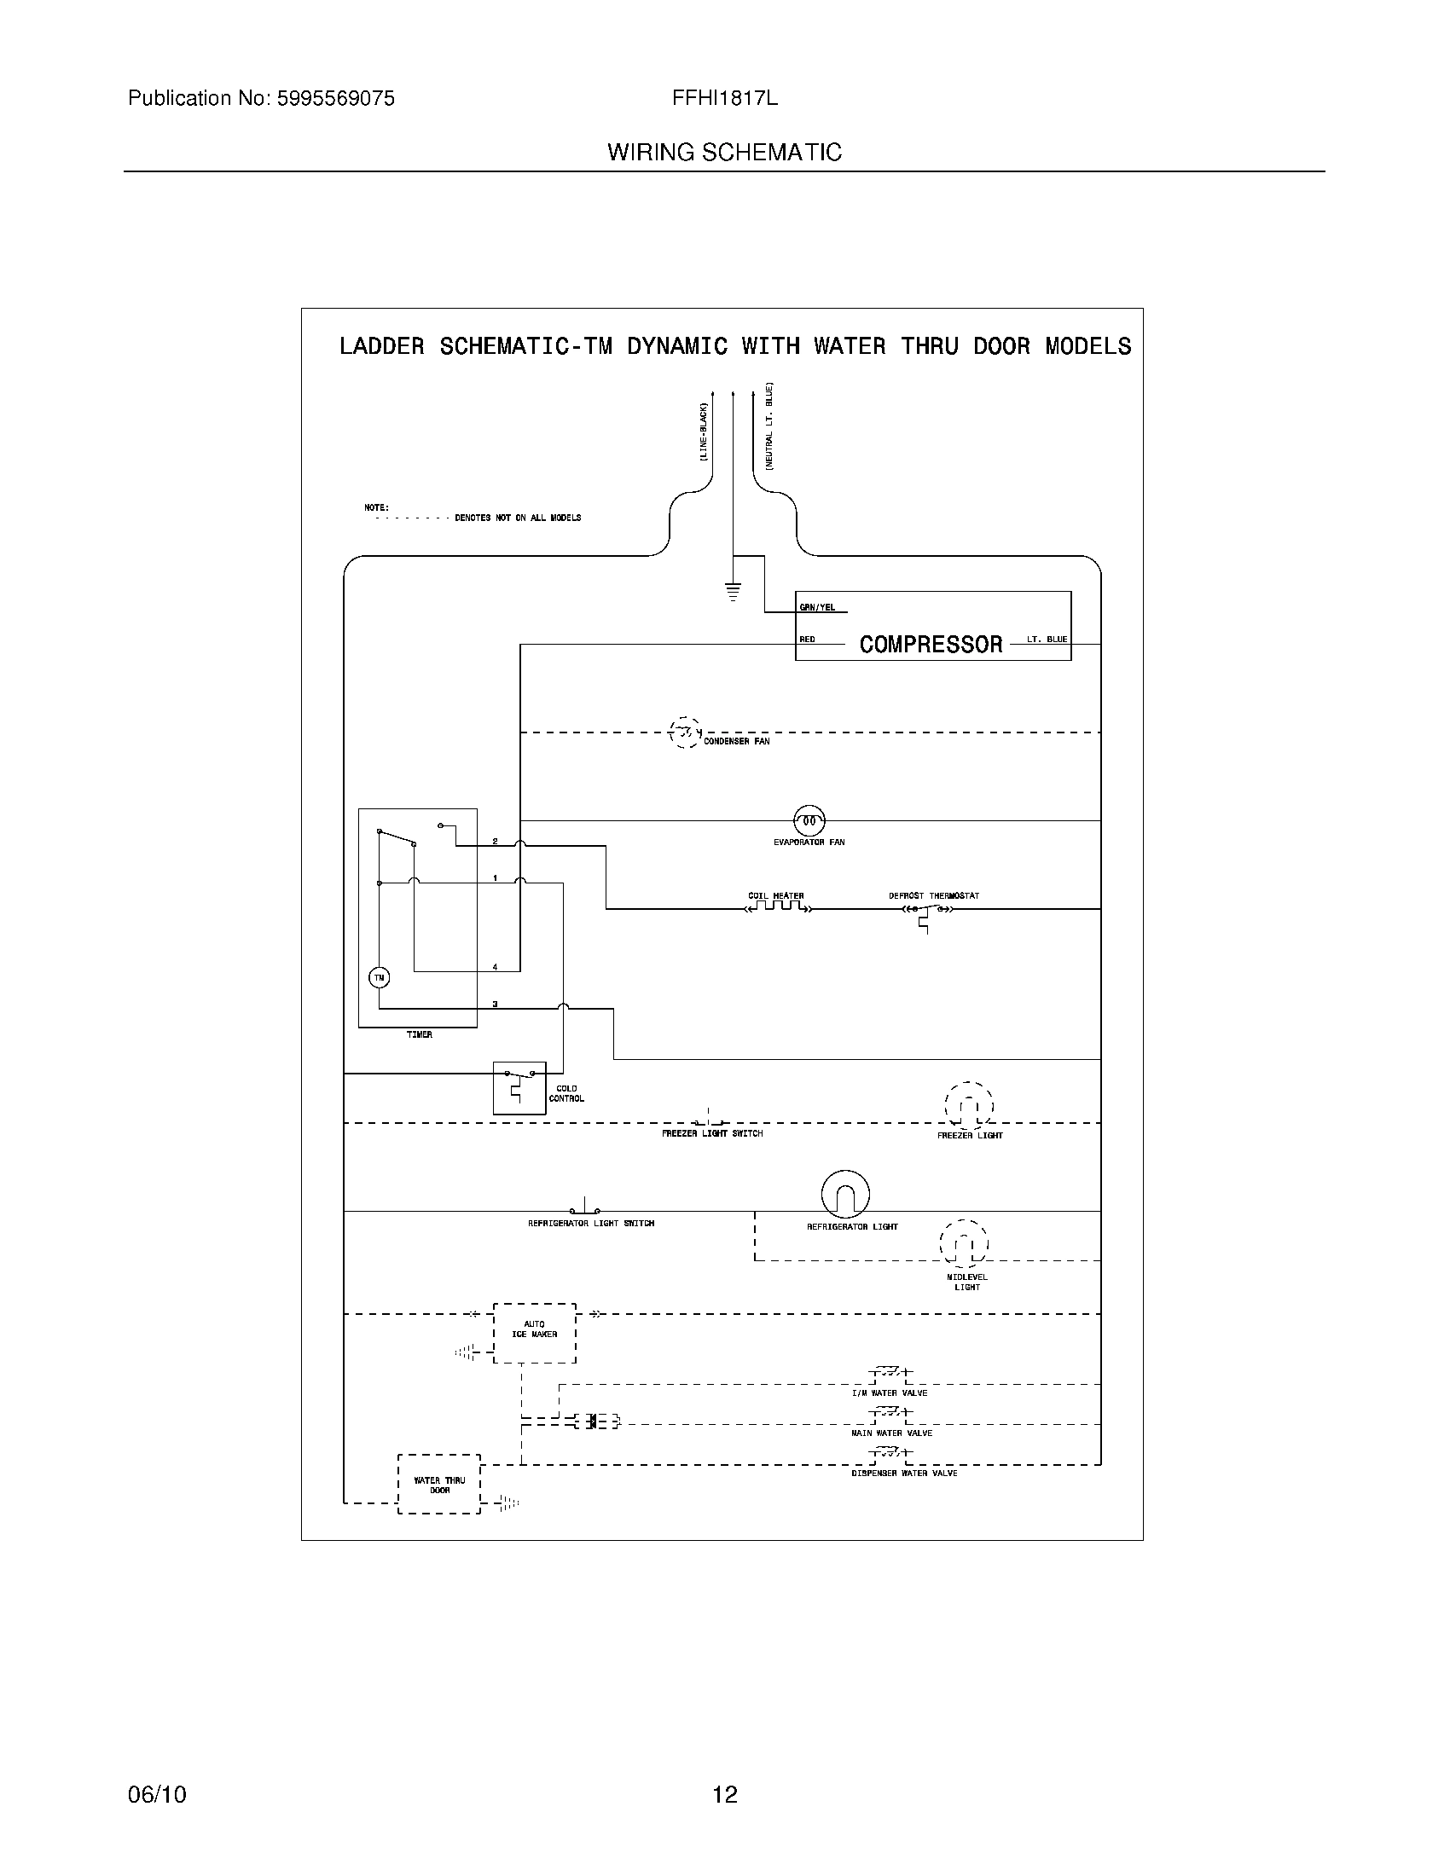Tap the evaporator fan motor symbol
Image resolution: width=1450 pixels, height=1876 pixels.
[809, 820]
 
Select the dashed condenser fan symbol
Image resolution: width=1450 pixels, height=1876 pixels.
[685, 732]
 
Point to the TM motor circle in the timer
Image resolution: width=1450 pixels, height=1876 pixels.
[379, 977]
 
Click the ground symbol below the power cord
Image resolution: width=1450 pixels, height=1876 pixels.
[733, 591]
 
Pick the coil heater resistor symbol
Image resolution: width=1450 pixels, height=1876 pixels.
[776, 907]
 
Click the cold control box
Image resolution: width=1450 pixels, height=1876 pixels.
[519, 1087]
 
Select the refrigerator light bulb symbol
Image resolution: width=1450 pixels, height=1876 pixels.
[845, 1194]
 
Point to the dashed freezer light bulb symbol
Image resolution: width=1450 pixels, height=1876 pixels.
[969, 1106]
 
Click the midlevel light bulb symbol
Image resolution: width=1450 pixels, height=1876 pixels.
[964, 1244]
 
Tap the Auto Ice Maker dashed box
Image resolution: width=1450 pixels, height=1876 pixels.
[534, 1332]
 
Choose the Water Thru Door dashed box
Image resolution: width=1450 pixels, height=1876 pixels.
[439, 1485]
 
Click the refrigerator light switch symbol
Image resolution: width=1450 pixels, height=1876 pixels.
[585, 1207]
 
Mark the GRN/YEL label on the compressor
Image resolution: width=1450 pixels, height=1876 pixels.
[817, 607]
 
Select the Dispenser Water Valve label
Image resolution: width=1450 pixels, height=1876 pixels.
[903, 1474]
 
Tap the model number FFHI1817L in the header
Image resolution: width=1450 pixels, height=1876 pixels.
[725, 99]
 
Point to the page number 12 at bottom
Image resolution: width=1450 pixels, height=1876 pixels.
[725, 1794]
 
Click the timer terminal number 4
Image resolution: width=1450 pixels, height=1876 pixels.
[495, 967]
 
